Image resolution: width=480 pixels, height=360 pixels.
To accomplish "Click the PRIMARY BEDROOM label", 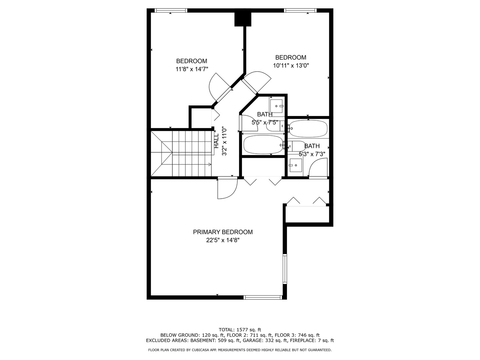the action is point(223,232).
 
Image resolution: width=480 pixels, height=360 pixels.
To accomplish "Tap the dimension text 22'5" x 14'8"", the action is point(223,240).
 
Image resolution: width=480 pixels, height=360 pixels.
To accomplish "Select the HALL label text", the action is point(216,141).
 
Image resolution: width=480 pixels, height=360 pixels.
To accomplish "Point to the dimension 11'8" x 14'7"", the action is point(192,69).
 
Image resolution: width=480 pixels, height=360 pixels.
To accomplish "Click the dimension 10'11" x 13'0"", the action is point(291,65).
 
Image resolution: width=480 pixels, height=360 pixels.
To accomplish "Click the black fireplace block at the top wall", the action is point(243,19).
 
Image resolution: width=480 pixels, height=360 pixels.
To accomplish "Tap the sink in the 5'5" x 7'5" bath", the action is point(276,106).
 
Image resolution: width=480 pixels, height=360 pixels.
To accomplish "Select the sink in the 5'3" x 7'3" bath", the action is point(295,165).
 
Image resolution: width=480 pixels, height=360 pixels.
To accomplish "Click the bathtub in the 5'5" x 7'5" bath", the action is point(264,144).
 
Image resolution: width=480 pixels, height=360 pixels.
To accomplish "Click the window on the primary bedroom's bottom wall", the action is point(263,297).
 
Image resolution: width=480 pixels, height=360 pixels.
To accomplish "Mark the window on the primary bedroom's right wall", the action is point(285,269).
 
